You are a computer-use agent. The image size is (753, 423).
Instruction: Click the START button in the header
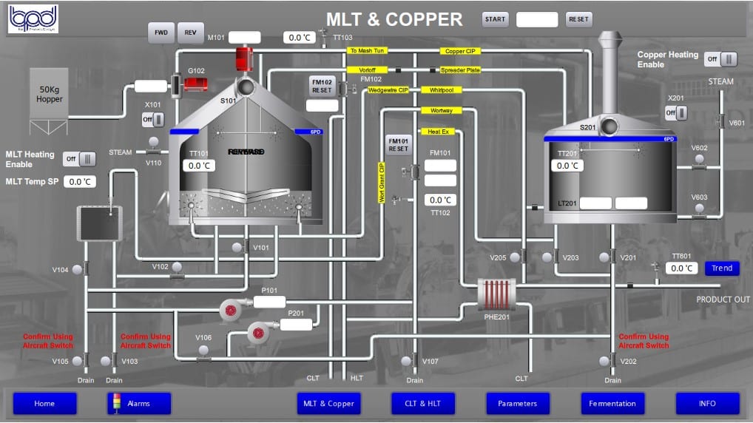pos(495,19)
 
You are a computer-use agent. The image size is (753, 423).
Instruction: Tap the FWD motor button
pos(160,33)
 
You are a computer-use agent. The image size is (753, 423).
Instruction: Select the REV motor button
pos(190,33)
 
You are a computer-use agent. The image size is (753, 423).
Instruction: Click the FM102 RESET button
pos(322,85)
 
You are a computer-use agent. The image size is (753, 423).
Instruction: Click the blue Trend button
pos(721,268)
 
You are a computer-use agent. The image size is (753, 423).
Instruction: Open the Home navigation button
pos(44,403)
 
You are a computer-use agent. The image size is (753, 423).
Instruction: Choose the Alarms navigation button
pos(139,403)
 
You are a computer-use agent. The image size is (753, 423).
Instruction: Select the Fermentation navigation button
pos(612,403)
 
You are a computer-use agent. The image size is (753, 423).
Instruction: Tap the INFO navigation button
pos(707,403)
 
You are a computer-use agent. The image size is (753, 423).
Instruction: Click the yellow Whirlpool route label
pos(442,90)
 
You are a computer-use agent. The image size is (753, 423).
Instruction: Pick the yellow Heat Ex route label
pos(439,132)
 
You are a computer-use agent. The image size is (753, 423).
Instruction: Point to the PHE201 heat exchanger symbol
pos(496,293)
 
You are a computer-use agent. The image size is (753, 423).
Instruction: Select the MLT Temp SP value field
pos(79,181)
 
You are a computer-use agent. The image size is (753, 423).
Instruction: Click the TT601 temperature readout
pos(681,268)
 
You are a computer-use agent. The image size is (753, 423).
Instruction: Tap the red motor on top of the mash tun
pos(244,59)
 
